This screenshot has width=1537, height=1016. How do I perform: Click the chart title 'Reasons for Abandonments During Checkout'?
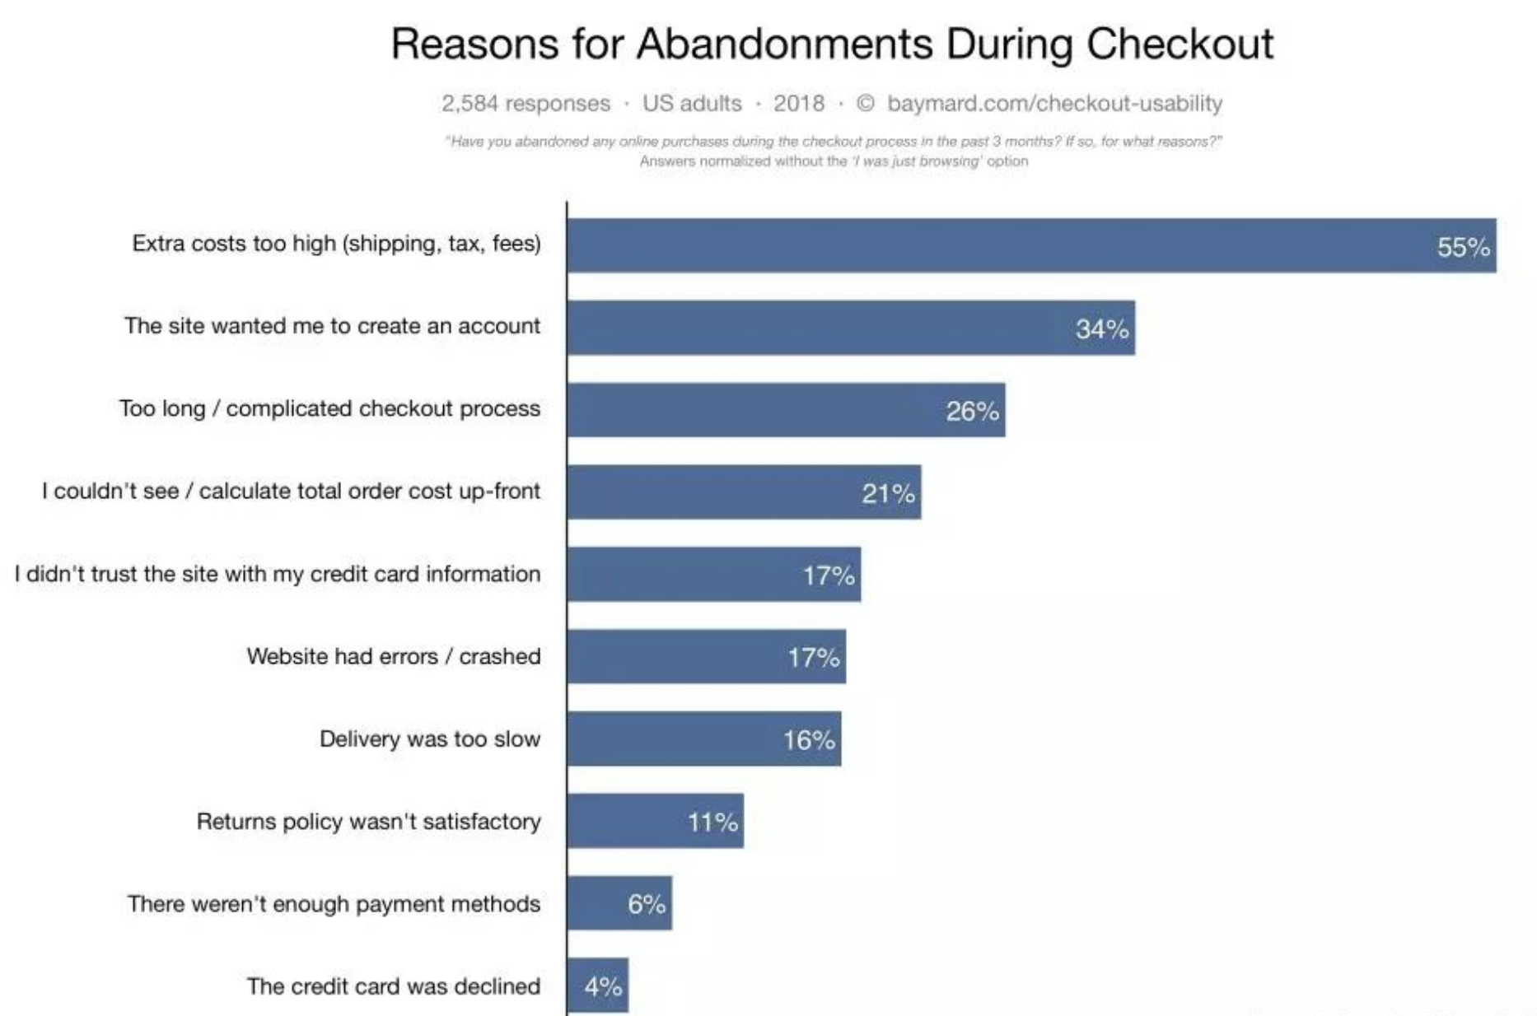[832, 44]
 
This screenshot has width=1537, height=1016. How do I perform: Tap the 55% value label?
[1463, 247]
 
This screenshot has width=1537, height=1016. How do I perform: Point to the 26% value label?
[972, 411]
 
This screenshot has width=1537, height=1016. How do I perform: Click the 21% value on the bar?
[888, 493]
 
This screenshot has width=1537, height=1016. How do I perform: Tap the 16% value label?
[809, 740]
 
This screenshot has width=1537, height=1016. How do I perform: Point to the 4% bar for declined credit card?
[598, 986]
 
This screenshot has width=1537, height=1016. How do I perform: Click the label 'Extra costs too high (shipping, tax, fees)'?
[336, 244]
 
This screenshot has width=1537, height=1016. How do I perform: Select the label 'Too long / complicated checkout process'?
[329, 408]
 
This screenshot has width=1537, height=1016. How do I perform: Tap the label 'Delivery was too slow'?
[429, 739]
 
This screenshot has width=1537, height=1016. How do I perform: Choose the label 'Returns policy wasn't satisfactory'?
[368, 821]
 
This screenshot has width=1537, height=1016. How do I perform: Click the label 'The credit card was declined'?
[393, 986]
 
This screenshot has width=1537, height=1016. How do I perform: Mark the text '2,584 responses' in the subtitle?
[526, 104]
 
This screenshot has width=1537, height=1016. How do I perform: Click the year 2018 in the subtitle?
[798, 104]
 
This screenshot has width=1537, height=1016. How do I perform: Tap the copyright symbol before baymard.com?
[865, 104]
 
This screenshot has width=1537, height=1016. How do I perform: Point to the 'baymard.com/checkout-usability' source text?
[1054, 104]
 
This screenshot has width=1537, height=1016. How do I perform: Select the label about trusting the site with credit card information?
[278, 574]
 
